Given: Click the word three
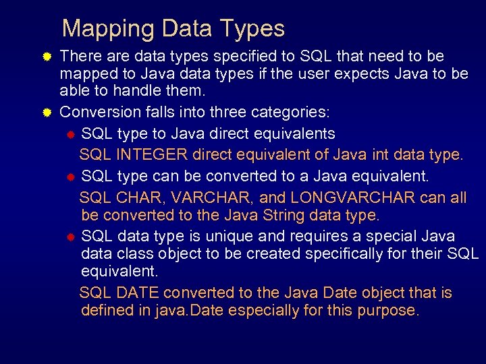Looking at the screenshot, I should tap(228, 111).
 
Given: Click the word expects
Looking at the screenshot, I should tap(344, 73).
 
